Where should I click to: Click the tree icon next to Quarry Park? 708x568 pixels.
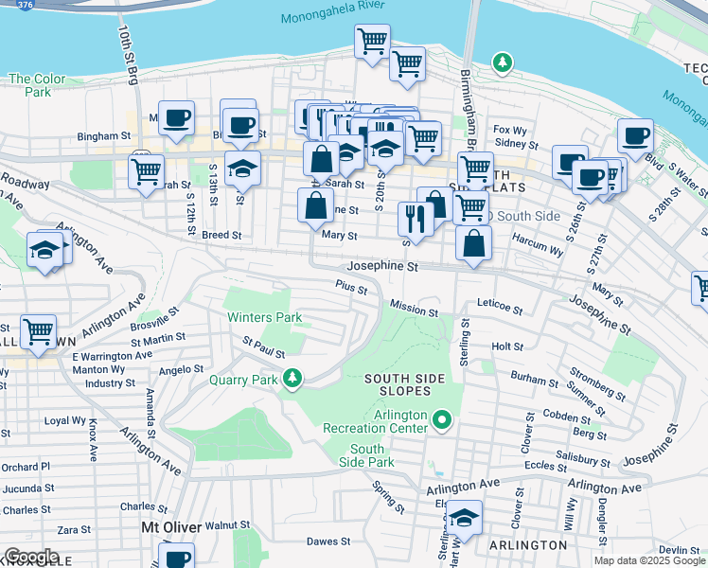click(293, 379)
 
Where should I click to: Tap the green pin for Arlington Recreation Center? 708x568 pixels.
click(441, 417)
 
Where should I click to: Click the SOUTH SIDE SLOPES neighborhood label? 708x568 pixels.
click(405, 379)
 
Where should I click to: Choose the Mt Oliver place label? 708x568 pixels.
click(170, 526)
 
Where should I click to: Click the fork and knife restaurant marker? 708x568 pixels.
click(415, 217)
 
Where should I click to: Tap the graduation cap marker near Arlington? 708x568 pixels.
click(464, 517)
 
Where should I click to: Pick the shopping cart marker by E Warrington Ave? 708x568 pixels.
click(38, 330)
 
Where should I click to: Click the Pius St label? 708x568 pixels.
click(351, 288)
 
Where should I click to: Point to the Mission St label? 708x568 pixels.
click(415, 310)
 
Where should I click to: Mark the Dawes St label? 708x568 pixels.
click(328, 541)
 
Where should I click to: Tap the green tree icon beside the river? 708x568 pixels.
click(503, 63)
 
